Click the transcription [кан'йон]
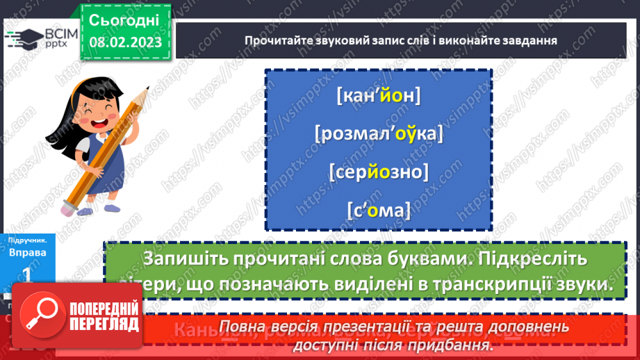tap(378, 96)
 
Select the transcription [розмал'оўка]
tap(378, 133)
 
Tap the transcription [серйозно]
tap(378, 170)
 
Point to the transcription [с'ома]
tap(378, 208)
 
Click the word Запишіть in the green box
tap(183, 259)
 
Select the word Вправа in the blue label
tap(28, 252)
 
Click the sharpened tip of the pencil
tap(147, 88)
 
